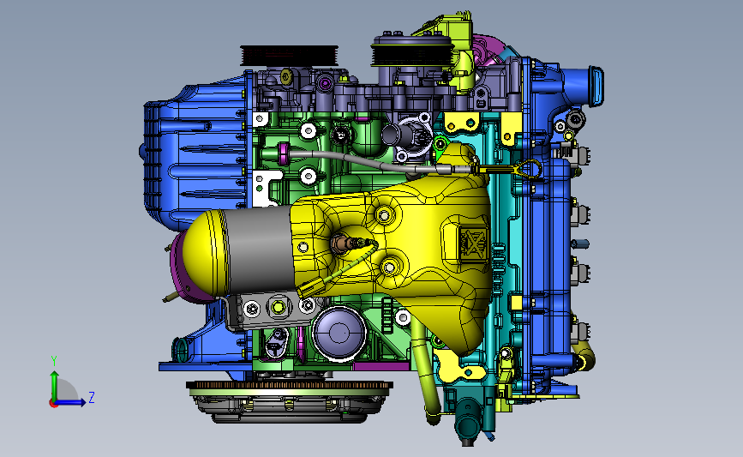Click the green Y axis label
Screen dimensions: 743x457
coord(54,361)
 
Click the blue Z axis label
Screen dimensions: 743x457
coord(92,397)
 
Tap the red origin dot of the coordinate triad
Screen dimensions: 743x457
coord(53,404)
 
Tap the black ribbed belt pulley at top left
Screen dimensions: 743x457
coord(290,56)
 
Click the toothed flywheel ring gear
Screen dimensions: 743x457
coord(290,385)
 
